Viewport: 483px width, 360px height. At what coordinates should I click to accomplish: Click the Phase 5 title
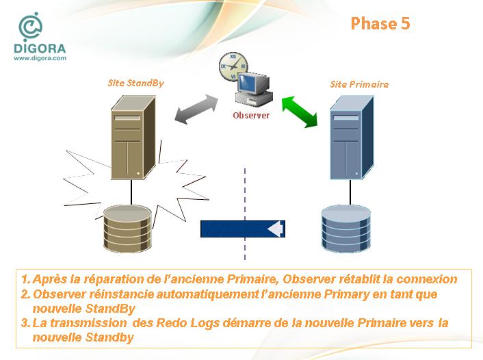[x=380, y=23]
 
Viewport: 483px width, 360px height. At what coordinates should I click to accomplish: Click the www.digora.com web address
[x=40, y=58]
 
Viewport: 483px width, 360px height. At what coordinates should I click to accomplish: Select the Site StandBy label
[x=136, y=83]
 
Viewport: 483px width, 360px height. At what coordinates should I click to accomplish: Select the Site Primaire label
[x=359, y=84]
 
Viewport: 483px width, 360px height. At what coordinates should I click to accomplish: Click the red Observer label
[x=251, y=115]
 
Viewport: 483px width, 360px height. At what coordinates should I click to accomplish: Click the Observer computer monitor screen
[x=250, y=83]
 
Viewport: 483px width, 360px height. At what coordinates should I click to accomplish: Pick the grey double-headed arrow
[x=196, y=109]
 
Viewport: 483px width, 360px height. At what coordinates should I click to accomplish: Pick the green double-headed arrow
[x=300, y=112]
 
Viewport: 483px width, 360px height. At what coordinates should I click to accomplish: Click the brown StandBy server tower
[x=133, y=138]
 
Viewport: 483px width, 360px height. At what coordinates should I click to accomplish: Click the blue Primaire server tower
[x=352, y=138]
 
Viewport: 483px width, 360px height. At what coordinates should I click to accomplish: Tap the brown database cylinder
[x=127, y=229]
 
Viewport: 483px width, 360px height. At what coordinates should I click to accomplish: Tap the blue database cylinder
[x=346, y=229]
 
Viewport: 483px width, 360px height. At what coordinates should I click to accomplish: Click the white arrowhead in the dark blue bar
[x=275, y=229]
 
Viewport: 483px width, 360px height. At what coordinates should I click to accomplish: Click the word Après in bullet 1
[x=50, y=279]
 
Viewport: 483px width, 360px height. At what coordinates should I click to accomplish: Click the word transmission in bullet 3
[x=88, y=323]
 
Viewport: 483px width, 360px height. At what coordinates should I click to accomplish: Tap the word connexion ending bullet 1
[x=427, y=279]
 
